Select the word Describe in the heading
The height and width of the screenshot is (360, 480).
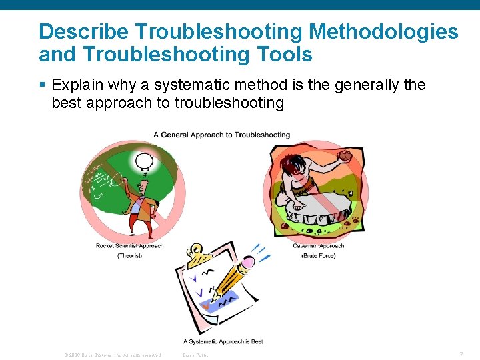(x=81, y=31)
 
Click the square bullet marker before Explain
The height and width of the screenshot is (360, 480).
(x=43, y=85)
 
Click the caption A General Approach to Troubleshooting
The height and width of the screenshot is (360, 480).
(x=221, y=135)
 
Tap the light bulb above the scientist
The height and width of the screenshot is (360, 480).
(x=144, y=161)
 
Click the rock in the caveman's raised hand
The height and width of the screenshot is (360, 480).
(x=345, y=156)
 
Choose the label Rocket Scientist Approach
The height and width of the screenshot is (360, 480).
(x=129, y=246)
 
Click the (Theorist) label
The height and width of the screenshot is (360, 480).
(x=129, y=256)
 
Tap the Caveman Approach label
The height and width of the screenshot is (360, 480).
(x=318, y=246)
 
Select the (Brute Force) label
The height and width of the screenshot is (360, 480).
(x=318, y=256)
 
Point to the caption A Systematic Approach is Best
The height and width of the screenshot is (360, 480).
(x=223, y=341)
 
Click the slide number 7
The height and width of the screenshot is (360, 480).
(x=461, y=354)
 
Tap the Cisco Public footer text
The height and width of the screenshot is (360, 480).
(x=195, y=355)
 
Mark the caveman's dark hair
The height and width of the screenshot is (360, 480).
(x=291, y=163)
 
